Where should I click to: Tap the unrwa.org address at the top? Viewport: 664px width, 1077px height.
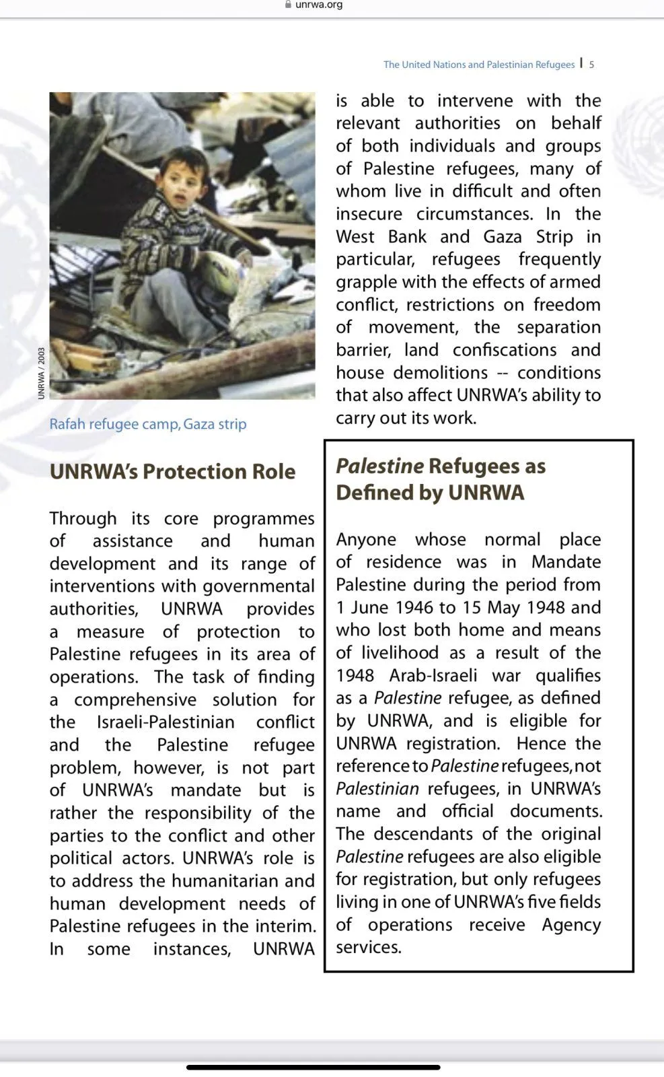click(x=319, y=5)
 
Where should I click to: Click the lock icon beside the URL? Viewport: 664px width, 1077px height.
click(x=288, y=4)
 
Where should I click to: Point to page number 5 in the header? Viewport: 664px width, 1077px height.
click(x=591, y=65)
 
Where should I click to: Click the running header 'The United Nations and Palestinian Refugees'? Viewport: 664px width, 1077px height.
click(x=479, y=65)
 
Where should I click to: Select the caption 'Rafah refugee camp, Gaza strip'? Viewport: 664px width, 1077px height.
click(x=148, y=424)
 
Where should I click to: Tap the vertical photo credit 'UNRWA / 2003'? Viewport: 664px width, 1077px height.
click(x=42, y=374)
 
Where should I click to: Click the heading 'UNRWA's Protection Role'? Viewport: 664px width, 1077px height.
click(x=172, y=471)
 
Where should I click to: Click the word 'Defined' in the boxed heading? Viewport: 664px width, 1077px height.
click(x=374, y=493)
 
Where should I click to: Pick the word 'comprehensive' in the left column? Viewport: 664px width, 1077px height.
click(x=135, y=699)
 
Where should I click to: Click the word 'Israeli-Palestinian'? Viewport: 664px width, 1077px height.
click(x=165, y=722)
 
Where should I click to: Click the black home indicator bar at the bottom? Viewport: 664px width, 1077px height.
click(x=313, y=1067)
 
